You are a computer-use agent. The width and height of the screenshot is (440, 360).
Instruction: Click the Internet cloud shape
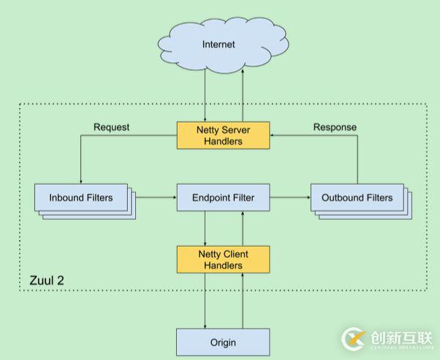tap(219, 44)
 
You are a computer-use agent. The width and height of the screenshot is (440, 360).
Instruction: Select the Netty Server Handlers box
tap(223, 134)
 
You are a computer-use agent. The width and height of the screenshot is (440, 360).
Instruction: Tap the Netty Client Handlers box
tap(223, 259)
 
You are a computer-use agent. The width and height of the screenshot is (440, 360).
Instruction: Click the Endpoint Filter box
tap(223, 197)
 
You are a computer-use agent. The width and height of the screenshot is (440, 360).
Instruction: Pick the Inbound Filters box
tap(81, 198)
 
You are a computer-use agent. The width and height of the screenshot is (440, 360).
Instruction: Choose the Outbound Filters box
tap(356, 198)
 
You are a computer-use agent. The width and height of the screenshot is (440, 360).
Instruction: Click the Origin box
tap(223, 342)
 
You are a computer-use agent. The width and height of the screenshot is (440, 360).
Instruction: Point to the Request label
tap(111, 127)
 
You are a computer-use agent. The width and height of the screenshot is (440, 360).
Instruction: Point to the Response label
tap(335, 127)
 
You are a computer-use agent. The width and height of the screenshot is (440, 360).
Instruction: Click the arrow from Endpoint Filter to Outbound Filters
tap(289, 197)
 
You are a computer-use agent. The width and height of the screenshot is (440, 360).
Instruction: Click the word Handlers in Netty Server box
tap(223, 141)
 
